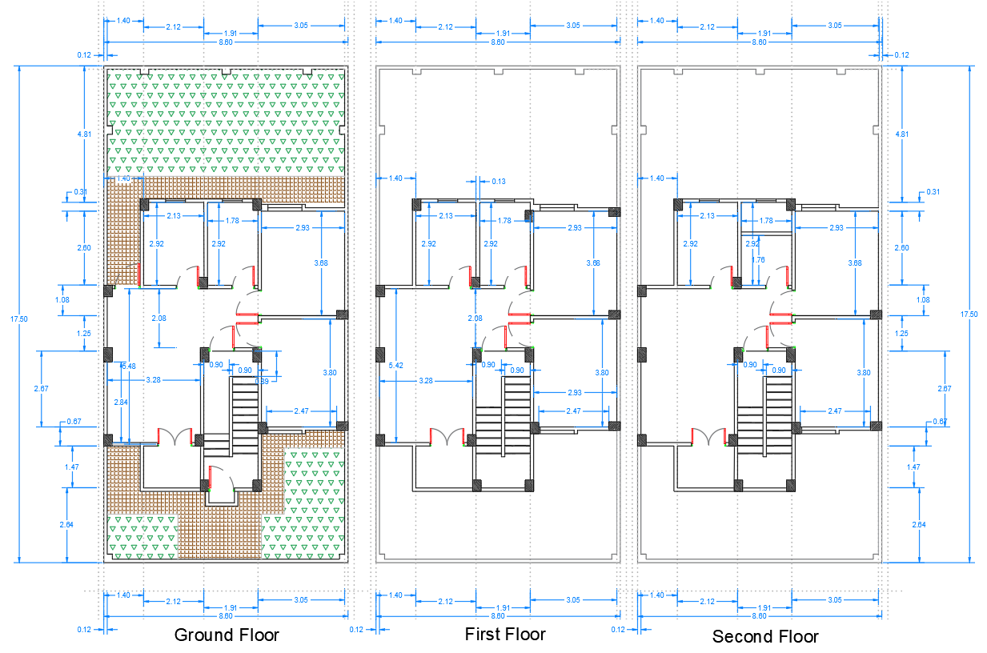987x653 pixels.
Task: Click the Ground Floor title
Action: tap(227, 635)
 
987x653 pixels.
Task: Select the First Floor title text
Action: tap(505, 635)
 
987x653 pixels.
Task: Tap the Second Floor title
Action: tap(765, 637)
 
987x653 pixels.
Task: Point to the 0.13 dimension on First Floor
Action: tap(499, 181)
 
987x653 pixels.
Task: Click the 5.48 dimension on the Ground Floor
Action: tap(128, 366)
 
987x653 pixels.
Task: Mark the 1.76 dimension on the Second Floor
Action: tap(759, 259)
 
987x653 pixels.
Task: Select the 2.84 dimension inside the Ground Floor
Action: tap(121, 402)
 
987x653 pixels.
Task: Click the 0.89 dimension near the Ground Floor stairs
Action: tap(262, 380)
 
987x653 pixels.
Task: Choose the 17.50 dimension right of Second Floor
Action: tap(968, 314)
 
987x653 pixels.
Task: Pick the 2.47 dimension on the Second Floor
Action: tap(835, 411)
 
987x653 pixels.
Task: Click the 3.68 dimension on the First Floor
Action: tap(592, 263)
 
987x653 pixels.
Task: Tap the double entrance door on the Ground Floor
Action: tap(175, 436)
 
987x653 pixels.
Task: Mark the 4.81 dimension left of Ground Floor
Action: tap(84, 134)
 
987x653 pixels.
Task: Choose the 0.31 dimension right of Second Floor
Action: tap(933, 192)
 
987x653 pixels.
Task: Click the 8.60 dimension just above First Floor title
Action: tap(498, 616)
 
